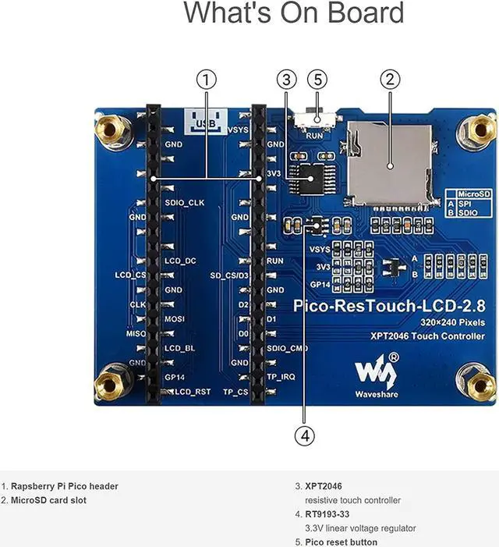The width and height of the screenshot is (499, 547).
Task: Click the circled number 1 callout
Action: click(x=207, y=80)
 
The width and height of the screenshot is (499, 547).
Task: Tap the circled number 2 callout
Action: click(x=390, y=79)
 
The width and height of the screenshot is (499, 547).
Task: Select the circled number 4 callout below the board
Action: click(x=305, y=435)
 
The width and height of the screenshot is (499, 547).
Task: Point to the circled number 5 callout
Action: click(x=317, y=79)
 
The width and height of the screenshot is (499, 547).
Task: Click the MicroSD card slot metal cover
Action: click(x=390, y=163)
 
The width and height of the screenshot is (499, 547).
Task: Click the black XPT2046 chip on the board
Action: click(x=311, y=179)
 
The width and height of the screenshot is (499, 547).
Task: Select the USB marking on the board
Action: click(x=206, y=122)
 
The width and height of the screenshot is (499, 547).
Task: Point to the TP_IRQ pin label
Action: click(x=281, y=377)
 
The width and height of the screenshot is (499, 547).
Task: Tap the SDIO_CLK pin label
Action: click(x=185, y=203)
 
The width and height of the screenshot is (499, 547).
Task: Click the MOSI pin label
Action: click(x=175, y=319)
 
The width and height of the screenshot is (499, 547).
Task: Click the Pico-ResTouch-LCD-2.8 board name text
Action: click(x=389, y=306)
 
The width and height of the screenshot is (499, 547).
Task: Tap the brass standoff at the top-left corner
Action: click(x=111, y=130)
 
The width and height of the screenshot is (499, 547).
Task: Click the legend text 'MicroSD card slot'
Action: click(x=49, y=500)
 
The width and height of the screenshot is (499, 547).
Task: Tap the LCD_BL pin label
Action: click(x=180, y=348)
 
